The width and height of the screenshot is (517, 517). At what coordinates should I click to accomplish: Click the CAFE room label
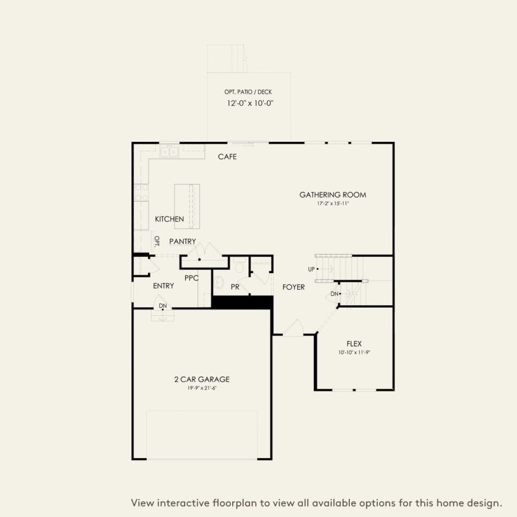[x=227, y=157]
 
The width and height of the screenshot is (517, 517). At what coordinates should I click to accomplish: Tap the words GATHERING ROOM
[x=332, y=194]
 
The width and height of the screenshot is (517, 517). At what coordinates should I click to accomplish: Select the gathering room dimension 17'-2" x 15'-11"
[x=332, y=203]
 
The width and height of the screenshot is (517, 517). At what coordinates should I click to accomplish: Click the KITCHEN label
[x=169, y=219]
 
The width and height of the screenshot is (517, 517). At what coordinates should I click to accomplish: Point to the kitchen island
[x=188, y=206]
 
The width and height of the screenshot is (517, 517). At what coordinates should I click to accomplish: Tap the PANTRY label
[x=183, y=241]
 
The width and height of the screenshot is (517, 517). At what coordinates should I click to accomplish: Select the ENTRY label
[x=163, y=286]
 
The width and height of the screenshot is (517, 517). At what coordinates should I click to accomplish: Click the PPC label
[x=191, y=278]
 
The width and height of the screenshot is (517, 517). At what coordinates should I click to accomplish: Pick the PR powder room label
[x=235, y=287]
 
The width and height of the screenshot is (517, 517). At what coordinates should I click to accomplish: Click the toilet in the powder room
[x=240, y=267]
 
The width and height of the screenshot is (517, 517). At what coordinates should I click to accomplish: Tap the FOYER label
[x=293, y=287]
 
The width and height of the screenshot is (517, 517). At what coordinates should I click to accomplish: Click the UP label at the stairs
[x=311, y=269]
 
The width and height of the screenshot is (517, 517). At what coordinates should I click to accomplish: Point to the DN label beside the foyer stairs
[x=334, y=293]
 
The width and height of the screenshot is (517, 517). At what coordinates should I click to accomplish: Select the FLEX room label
[x=354, y=343]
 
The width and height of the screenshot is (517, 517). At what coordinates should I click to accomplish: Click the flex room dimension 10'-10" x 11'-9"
[x=354, y=352]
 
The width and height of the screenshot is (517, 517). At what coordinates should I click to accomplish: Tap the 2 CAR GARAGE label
[x=202, y=379]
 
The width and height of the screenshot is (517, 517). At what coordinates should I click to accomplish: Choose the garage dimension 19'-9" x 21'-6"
[x=202, y=388]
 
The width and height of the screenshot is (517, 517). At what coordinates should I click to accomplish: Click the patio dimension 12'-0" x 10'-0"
[x=249, y=103]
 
